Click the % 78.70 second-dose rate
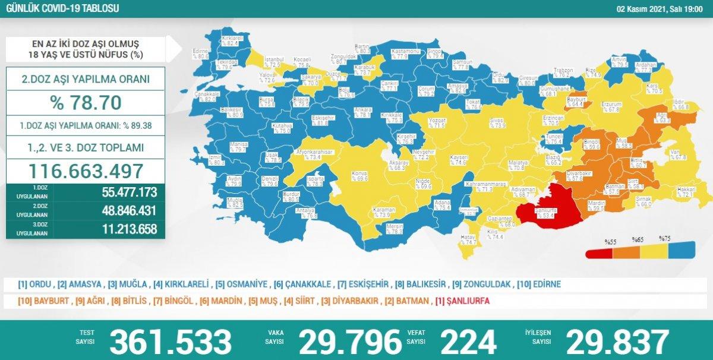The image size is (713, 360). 86,102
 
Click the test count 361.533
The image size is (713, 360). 171,341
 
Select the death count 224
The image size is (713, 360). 468,341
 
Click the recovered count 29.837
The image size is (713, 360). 618,341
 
